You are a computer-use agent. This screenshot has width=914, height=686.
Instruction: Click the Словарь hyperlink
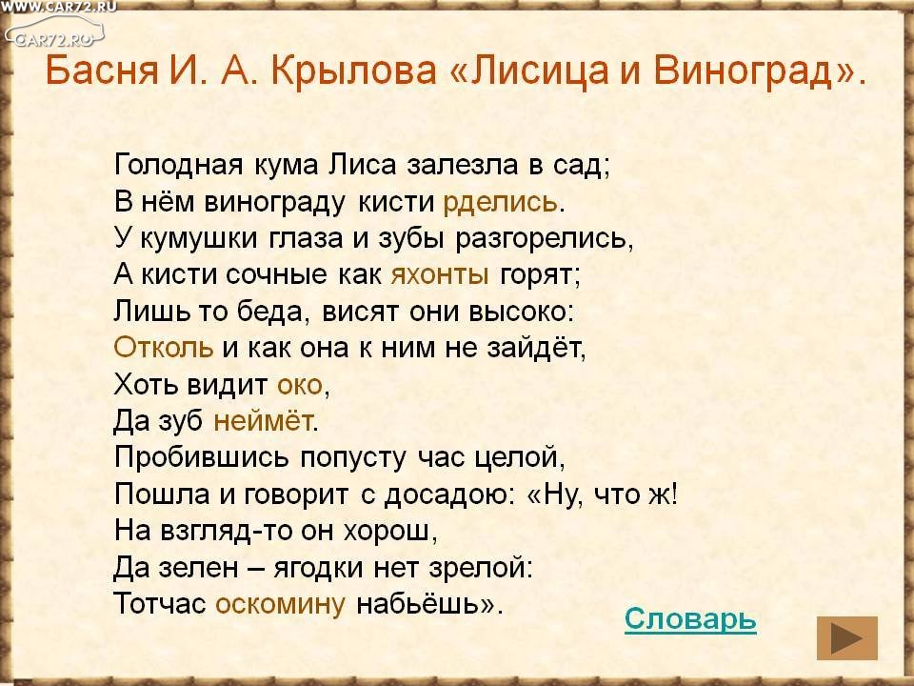690,620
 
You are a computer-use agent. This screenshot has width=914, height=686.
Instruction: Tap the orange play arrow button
846,638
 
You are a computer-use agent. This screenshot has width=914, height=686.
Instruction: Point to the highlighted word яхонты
440,274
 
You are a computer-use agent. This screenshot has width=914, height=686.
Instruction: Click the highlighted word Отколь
164,348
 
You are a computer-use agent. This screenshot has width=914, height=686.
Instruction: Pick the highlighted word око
300,385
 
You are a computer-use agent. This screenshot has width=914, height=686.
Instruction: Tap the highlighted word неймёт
263,420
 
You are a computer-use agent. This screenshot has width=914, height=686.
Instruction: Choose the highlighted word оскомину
280,604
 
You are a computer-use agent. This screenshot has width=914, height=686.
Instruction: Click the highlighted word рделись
500,202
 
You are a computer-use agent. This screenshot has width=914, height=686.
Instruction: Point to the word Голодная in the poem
178,165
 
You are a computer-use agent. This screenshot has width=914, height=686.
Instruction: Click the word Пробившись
201,456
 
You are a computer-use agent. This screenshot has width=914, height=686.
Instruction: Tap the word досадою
446,494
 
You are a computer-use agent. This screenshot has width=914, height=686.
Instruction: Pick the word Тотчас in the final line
160,603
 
